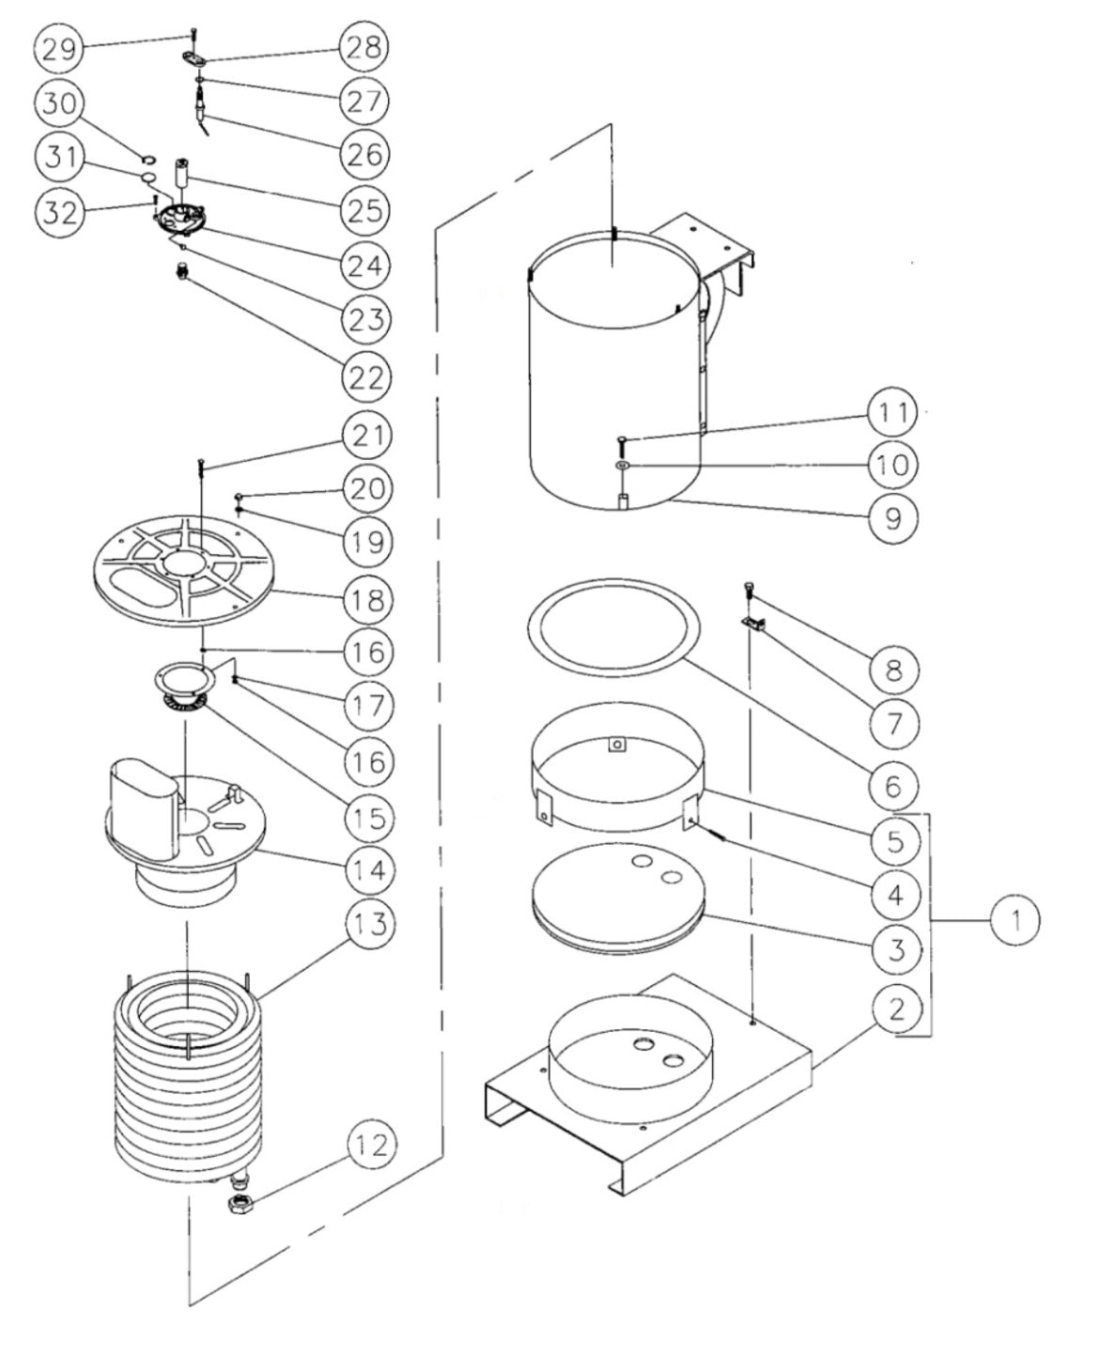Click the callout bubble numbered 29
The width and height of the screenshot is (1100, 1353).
coord(59,48)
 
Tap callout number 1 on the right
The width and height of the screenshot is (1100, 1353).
coord(1013,920)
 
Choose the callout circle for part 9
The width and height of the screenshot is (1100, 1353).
coord(893,516)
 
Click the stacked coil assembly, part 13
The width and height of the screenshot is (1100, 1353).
coord(188,1070)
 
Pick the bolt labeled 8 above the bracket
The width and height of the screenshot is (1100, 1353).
coord(750,588)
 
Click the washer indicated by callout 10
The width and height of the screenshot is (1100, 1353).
coord(623,466)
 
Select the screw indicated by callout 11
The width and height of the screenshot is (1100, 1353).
coord(623,440)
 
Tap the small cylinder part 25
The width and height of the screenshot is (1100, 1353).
coord(181,172)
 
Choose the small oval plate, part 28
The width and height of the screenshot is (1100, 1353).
coord(193,60)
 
